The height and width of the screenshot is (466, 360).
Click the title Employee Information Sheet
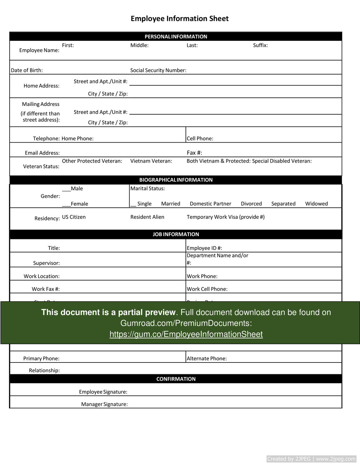pos(179,19)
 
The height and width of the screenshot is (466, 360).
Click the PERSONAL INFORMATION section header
pos(176,37)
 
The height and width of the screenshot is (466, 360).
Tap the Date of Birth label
pos(27,70)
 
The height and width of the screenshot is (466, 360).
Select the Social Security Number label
pos(158,70)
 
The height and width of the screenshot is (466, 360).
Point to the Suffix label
pos(260,45)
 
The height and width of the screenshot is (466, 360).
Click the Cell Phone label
pos(200,139)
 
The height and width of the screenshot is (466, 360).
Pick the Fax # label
pos(195,153)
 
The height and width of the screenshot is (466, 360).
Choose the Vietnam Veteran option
pos(151,161)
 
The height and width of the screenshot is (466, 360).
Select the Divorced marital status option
pos(251,204)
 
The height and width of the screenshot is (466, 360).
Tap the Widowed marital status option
pos(316,204)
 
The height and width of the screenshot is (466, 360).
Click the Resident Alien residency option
pos(147,217)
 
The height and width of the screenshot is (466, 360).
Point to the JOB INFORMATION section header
pos(176,234)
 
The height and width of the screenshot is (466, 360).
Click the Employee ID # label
pos(205,248)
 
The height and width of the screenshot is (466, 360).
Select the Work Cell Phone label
pos(207,289)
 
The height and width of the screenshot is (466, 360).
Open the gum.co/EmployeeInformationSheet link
pos(186,334)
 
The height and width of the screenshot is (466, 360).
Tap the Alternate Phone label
pos(207,359)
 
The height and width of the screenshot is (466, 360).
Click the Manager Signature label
pos(104,404)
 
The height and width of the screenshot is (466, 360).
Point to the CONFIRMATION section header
pos(176,379)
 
